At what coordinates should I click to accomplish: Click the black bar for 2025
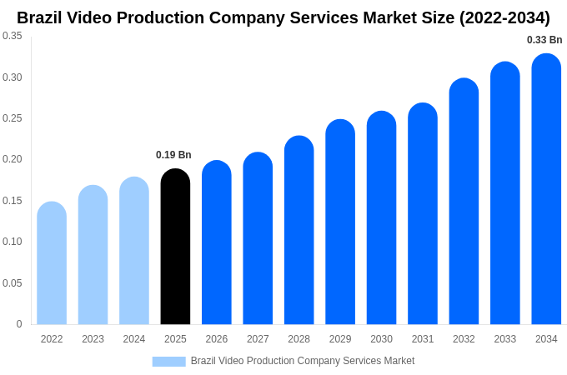click(175, 247)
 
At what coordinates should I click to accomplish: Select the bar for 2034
click(546, 189)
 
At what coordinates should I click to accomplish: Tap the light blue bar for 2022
click(52, 263)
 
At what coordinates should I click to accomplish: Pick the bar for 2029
click(340, 222)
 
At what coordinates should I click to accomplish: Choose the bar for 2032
click(464, 202)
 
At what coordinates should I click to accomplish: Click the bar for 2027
click(258, 238)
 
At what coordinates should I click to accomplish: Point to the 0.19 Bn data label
click(173, 155)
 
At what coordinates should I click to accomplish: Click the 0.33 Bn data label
click(544, 40)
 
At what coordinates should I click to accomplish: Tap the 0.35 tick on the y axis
click(13, 36)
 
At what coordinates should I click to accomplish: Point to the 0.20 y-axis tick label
click(13, 159)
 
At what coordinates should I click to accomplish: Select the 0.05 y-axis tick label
click(13, 283)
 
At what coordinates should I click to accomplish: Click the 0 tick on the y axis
click(19, 324)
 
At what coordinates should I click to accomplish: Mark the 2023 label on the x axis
click(93, 339)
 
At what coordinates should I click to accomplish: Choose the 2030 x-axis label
click(381, 339)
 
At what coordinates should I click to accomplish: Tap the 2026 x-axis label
click(217, 339)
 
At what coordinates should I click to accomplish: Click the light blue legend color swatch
click(168, 361)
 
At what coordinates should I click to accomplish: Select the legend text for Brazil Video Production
click(302, 361)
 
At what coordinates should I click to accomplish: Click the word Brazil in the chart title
click(42, 17)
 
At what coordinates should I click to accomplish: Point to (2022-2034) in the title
click(504, 17)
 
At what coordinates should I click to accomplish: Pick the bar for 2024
click(134, 251)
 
